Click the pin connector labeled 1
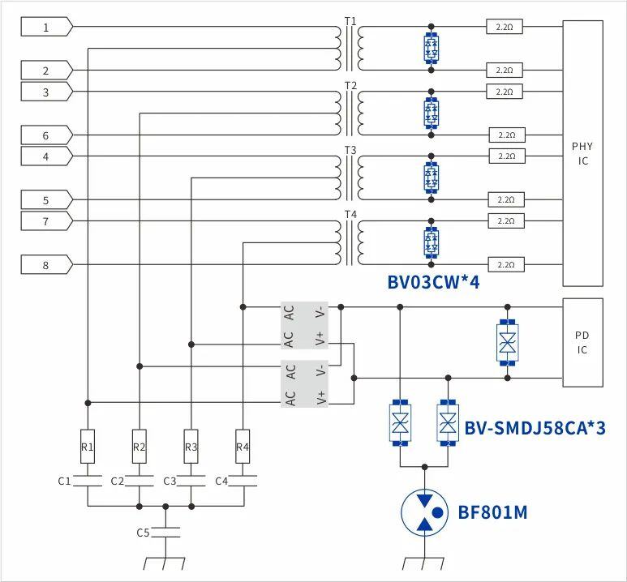tap(46, 28)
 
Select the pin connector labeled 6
tap(46, 135)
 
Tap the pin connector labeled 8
tap(46, 264)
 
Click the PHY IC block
tap(582, 153)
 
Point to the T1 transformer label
tap(350, 20)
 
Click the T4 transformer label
tap(350, 214)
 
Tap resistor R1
tap(88, 447)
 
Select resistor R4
tap(243, 447)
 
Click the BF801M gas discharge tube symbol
tap(425, 511)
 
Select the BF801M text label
tap(492, 511)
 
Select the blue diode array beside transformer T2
tap(432, 113)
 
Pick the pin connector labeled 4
tap(46, 156)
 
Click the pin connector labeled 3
tap(46, 92)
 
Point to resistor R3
tap(191, 447)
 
